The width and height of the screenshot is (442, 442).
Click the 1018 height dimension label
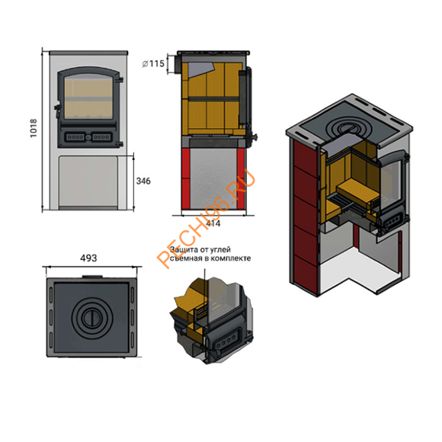click(34, 128)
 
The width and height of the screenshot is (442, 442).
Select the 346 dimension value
click(143, 181)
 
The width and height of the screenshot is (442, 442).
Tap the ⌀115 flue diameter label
click(153, 64)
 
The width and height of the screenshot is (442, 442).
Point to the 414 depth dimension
click(213, 223)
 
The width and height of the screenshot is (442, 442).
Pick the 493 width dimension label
click(88, 258)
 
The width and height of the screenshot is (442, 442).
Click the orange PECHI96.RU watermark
click(206, 218)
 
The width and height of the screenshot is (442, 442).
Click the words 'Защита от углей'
click(200, 250)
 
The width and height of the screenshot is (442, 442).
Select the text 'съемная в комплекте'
click(210, 258)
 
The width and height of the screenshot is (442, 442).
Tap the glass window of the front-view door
click(88, 97)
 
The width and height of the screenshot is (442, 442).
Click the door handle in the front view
click(57, 109)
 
